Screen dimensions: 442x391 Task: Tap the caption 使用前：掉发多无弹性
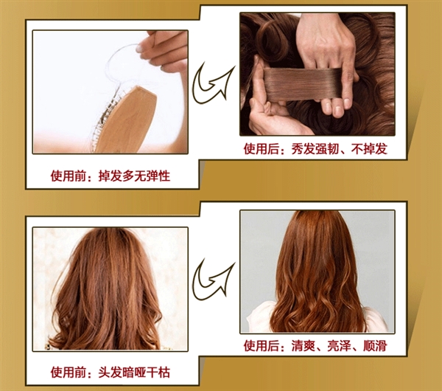[110, 176]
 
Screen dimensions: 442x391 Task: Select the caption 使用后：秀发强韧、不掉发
[315, 149]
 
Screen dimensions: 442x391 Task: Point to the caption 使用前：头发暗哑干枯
[110, 373]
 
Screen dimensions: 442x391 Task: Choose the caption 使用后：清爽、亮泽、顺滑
[315, 345]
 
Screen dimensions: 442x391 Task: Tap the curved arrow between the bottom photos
[214, 280]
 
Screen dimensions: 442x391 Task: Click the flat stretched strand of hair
[303, 86]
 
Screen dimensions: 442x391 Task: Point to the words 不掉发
[369, 149]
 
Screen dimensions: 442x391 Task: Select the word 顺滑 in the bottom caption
[375, 345]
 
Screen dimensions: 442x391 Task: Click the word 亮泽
[339, 345]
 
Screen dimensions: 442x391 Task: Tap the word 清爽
[304, 345]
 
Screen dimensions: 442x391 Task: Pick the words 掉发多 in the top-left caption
[116, 176]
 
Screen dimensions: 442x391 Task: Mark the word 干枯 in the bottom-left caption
[158, 373]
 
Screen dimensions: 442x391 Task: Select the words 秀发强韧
[315, 149]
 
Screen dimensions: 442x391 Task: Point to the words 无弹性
[152, 176]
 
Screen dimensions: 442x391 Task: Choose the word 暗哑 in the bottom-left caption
[134, 373]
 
